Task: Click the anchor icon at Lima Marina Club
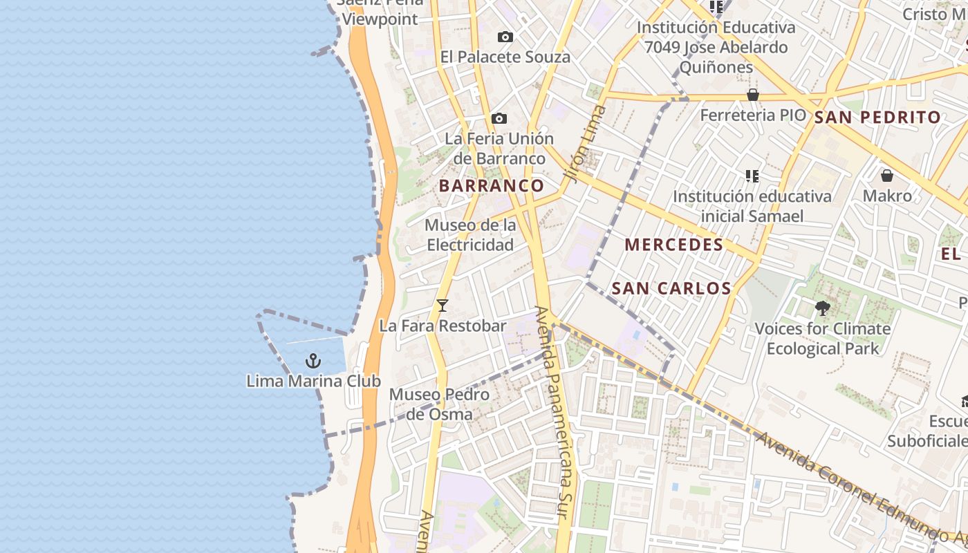click(x=313, y=360)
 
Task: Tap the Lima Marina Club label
click(x=313, y=381)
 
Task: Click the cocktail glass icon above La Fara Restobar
click(x=443, y=305)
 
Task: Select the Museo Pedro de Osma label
click(x=439, y=404)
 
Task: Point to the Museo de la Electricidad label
click(x=470, y=235)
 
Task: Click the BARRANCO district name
click(x=492, y=186)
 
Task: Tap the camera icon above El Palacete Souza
click(x=505, y=37)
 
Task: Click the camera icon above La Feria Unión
click(x=499, y=119)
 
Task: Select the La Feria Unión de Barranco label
click(x=499, y=149)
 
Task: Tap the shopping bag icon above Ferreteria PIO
click(x=753, y=95)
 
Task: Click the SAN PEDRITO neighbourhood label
click(x=877, y=118)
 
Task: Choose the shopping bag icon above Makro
click(x=886, y=176)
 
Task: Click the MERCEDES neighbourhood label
click(x=673, y=245)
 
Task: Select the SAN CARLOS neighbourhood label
click(x=671, y=288)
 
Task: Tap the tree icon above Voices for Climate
click(x=822, y=308)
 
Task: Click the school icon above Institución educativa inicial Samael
click(x=752, y=176)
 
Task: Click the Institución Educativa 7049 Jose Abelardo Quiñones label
click(x=716, y=48)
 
